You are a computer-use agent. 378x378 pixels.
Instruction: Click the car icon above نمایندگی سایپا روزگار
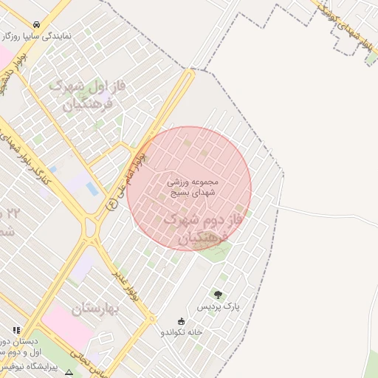(36, 24)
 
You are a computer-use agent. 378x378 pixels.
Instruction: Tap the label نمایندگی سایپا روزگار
(36, 35)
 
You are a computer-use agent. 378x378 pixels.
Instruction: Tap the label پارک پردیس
(219, 306)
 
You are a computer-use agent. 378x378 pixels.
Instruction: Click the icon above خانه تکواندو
(182, 321)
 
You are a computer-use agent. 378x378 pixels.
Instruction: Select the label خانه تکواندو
(182, 332)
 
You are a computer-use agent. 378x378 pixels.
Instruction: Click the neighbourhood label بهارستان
(97, 308)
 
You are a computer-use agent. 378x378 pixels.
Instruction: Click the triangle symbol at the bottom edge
(69, 374)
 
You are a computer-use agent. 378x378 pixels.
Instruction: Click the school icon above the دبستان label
(16, 330)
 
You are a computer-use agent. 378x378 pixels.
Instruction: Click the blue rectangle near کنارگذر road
(92, 188)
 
